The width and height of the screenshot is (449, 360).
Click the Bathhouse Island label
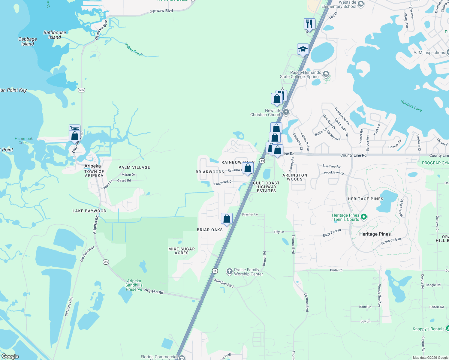(55, 35)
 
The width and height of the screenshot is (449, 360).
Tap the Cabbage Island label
(28, 41)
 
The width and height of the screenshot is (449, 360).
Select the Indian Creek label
(134, 49)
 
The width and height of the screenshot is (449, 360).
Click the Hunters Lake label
(411, 106)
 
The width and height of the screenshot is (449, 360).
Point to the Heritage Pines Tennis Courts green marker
(364, 217)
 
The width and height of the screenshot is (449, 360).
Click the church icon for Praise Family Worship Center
(230, 272)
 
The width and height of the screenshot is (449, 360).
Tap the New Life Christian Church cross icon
(286, 112)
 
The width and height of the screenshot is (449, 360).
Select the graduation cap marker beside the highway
(303, 49)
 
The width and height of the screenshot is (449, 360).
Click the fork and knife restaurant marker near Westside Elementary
(309, 24)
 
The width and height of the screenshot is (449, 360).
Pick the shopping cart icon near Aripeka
(74, 128)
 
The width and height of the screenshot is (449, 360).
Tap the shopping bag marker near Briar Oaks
(227, 218)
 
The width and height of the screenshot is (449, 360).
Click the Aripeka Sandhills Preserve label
(134, 285)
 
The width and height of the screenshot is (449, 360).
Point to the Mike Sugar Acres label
(182, 251)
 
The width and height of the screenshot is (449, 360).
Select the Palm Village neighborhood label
(134, 167)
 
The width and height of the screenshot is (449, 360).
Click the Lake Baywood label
(89, 211)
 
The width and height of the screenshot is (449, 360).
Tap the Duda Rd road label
(336, 270)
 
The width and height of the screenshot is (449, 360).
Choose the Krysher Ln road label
(250, 214)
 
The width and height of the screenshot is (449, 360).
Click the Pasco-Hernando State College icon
(326, 74)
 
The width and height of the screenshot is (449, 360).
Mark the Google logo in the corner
(10, 356)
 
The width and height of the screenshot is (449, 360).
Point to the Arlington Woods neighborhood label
(295, 177)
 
